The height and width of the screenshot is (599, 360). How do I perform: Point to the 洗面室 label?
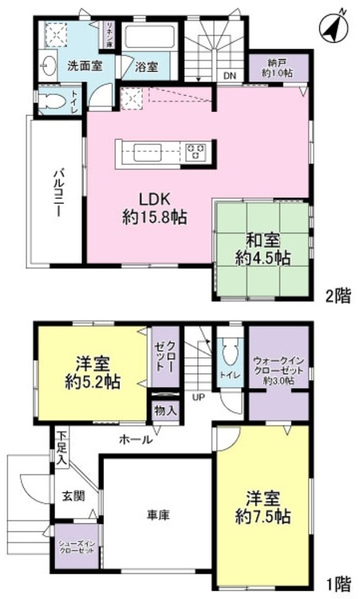point(83,67)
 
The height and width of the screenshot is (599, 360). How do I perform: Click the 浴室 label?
point(145,68)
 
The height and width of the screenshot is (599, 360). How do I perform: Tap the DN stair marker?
point(229,77)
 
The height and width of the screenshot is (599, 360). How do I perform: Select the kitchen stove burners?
point(196,151)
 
